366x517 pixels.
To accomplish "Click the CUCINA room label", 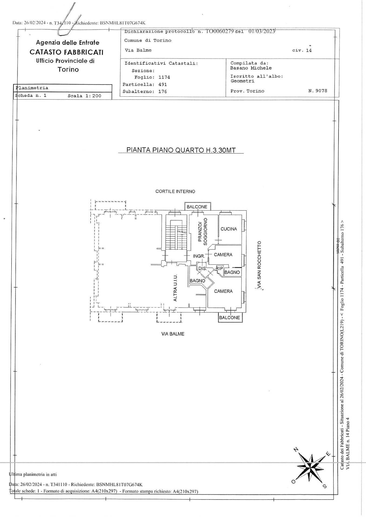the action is pos(229,229).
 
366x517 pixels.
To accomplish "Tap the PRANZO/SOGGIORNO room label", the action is pos(202,231).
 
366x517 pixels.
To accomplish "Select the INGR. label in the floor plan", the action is pos(199,256).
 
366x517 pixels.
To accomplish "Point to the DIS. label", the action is pos(202,268).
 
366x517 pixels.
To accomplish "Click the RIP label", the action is pos(219,268).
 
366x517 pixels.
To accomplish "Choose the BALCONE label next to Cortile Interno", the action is pos(197,207).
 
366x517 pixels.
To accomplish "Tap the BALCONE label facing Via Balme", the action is pos(230,317).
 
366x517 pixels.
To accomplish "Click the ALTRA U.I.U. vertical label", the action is pos(175,288).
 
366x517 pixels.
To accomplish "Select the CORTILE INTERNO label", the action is pos(175,191).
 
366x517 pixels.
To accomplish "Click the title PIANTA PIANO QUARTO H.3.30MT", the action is pos(181,150).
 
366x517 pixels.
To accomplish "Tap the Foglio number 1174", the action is pos(164,77).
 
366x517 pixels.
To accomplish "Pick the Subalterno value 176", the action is pos(163,92).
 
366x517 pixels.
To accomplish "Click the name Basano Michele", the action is pos(251,68).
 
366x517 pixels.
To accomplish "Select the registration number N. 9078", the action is pos(317,91).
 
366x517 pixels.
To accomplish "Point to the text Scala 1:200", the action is pos(84,96).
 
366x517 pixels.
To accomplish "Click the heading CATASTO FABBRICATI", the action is pos(67,52).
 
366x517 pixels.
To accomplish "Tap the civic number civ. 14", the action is pos(302,50).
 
